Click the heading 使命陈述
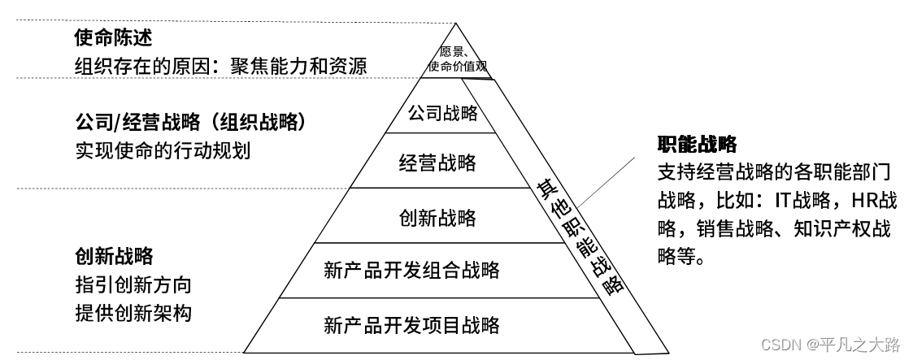click(x=113, y=38)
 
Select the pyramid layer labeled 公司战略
click(x=442, y=113)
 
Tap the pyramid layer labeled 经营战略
click(x=437, y=163)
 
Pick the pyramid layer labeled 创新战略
click(x=437, y=218)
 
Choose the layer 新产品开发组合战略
click(x=411, y=269)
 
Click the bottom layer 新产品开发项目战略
click(x=411, y=326)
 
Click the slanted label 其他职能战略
click(x=579, y=237)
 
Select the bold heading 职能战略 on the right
click(x=697, y=145)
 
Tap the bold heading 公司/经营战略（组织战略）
click(x=189, y=123)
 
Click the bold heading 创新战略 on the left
click(x=113, y=257)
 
